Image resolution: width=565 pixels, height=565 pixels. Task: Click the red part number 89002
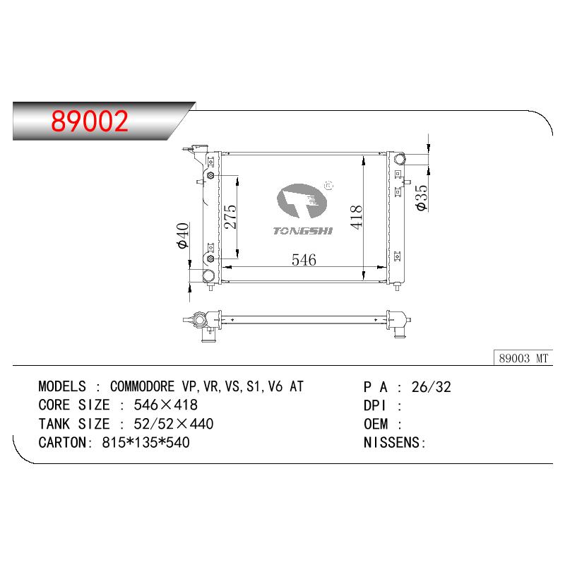(90, 121)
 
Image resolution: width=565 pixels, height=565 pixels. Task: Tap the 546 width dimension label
(304, 259)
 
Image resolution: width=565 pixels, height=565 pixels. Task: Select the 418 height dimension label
(356, 217)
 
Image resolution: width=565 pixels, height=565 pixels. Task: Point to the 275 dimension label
(230, 217)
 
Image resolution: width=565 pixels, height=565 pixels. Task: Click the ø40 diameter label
(183, 235)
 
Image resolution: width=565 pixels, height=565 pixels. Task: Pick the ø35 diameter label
(421, 198)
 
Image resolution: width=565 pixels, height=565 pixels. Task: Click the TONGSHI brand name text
(303, 231)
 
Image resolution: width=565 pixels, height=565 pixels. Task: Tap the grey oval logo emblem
(302, 201)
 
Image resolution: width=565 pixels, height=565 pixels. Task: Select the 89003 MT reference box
(523, 358)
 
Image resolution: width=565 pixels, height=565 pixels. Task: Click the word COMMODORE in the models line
(143, 386)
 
